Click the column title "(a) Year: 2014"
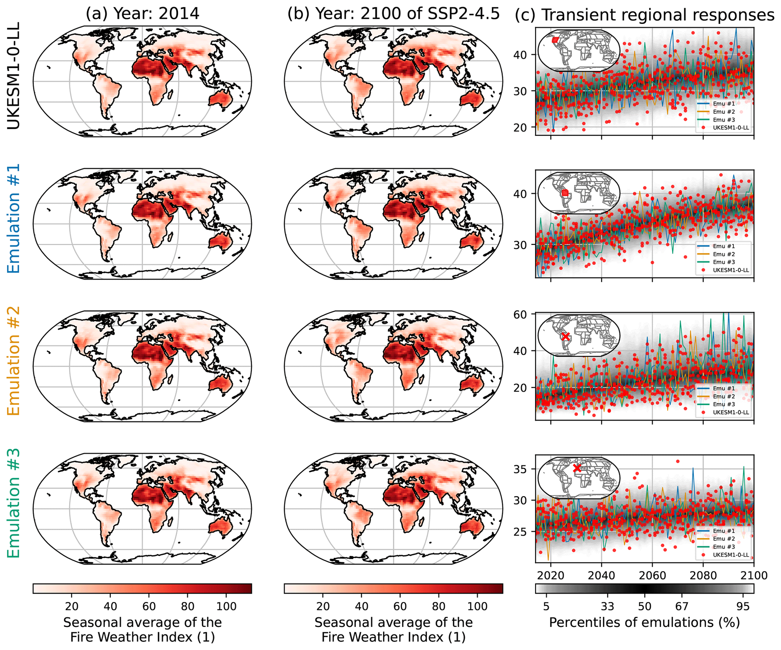point(142,14)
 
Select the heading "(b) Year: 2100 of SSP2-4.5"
point(393,14)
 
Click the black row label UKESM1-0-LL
point(14,76)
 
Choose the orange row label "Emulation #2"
point(14,361)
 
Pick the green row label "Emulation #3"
point(14,503)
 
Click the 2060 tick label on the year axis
point(652,575)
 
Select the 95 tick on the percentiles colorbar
point(743,606)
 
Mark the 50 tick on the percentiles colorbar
point(645,606)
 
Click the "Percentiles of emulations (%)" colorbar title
point(645,622)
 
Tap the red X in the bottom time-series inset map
point(577,468)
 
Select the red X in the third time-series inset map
point(565,336)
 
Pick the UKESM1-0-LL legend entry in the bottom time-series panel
point(730,555)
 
